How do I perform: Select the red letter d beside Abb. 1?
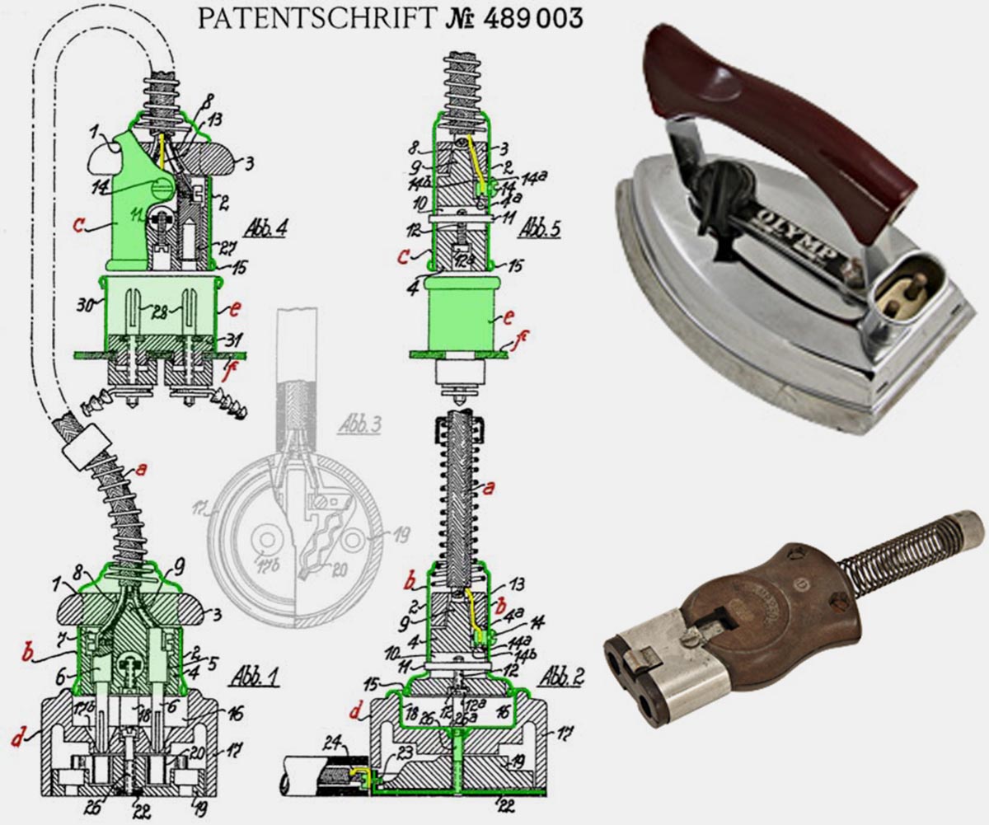pos(14,739)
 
